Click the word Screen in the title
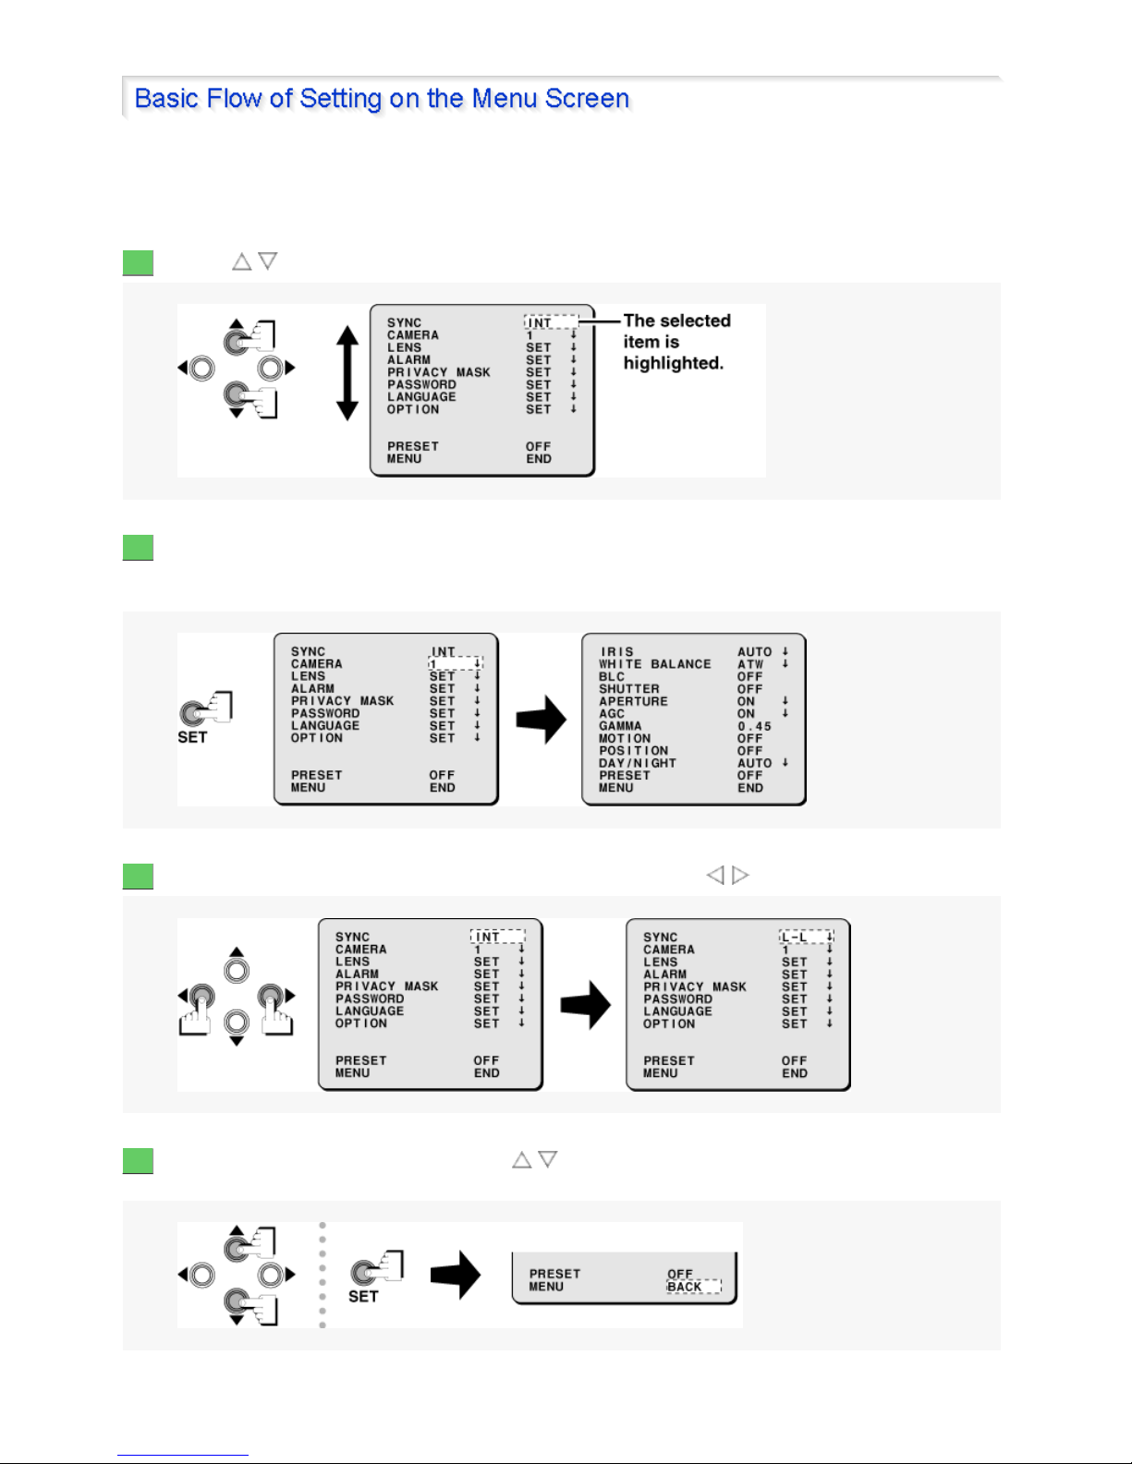click(587, 98)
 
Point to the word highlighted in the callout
click(673, 363)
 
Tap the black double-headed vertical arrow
click(347, 372)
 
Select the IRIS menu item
click(617, 652)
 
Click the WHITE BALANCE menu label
click(655, 664)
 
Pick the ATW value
click(750, 664)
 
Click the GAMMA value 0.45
click(754, 726)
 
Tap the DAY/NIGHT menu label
click(638, 763)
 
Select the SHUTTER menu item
click(629, 689)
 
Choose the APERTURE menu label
click(633, 701)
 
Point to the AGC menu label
click(612, 713)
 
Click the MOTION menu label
click(625, 738)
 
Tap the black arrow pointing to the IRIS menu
click(542, 720)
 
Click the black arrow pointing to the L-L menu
click(586, 1005)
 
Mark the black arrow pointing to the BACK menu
click(456, 1275)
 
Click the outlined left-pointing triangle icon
click(715, 875)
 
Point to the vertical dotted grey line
click(323, 1275)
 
